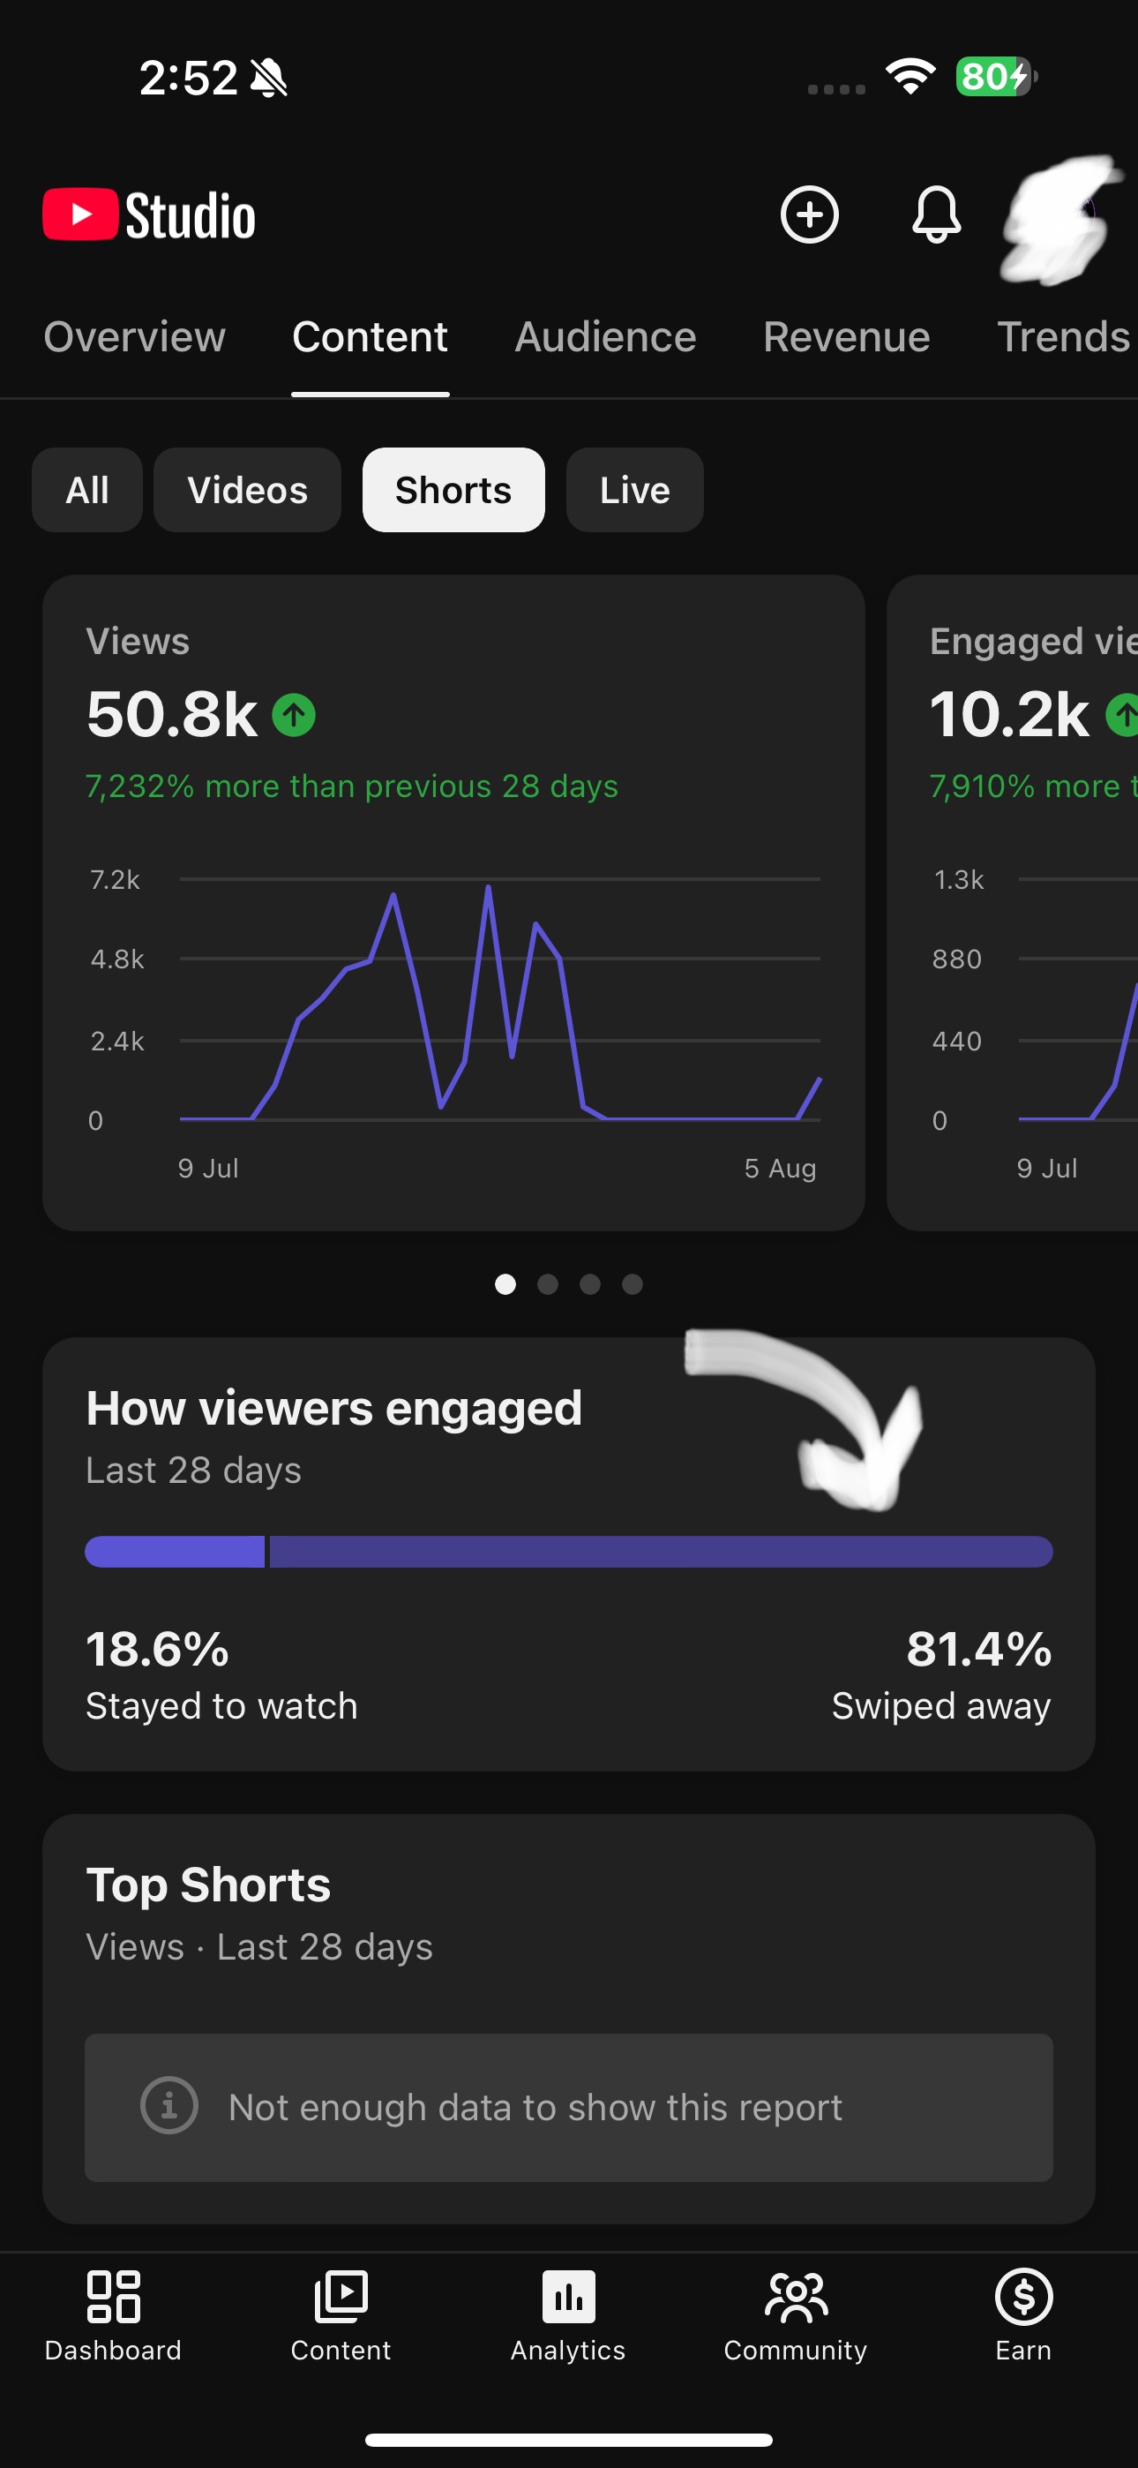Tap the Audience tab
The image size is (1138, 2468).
(605, 337)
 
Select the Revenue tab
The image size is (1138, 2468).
(847, 337)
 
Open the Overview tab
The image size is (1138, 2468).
(135, 337)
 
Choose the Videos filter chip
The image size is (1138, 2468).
(247, 490)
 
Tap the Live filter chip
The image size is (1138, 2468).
(634, 490)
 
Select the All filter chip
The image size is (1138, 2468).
(87, 490)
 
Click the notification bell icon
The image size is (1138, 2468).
(936, 214)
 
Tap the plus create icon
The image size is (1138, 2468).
(810, 214)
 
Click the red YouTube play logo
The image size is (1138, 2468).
(80, 214)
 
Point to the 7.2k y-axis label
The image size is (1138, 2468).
(115, 879)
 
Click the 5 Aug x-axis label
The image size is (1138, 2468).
(781, 1168)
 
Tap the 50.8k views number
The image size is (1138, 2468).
(172, 715)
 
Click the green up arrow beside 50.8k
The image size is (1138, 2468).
(294, 715)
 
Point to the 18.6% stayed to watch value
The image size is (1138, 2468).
(157, 1649)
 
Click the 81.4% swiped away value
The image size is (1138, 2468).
(979, 1649)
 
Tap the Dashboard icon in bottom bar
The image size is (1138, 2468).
(113, 2297)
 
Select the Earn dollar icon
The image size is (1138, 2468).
(1024, 2297)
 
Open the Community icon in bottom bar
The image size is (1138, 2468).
(796, 2297)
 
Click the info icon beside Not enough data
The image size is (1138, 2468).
(169, 2105)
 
